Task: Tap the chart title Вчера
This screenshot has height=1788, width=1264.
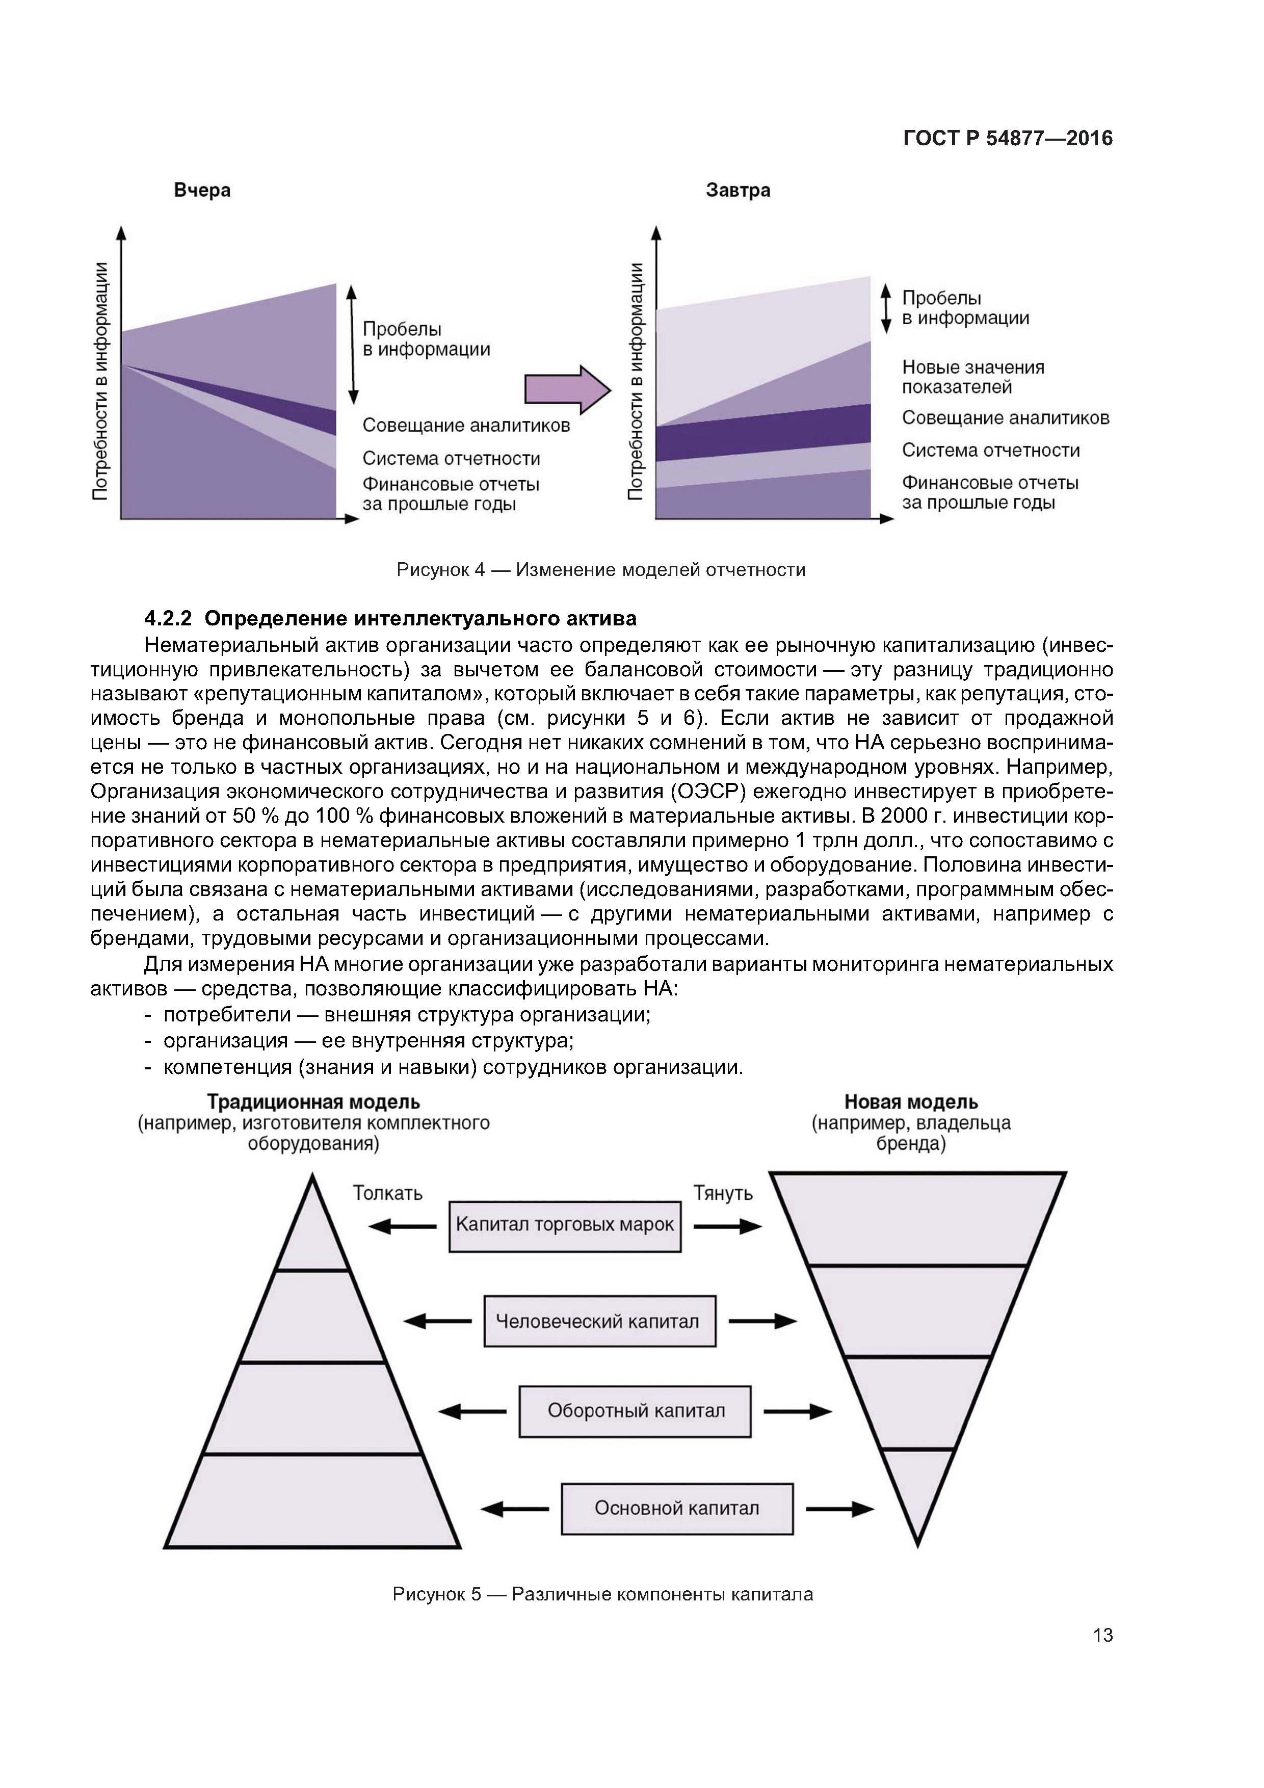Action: pos(202,190)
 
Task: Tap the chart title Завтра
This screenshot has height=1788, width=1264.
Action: pos(738,190)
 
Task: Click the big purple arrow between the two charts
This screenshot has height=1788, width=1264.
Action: pos(567,388)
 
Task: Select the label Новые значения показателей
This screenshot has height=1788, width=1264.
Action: pos(973,377)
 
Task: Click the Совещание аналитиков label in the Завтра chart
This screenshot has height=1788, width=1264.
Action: pos(1005,418)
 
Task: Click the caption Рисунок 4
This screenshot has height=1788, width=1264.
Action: pos(600,570)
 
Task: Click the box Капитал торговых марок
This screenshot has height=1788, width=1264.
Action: pos(565,1224)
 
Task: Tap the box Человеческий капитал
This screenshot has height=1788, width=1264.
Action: pos(599,1321)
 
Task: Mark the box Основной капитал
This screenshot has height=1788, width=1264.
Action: pos(677,1508)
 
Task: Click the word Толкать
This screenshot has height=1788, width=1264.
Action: pos(387,1193)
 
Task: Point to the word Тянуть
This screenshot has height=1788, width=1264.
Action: pos(723,1193)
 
